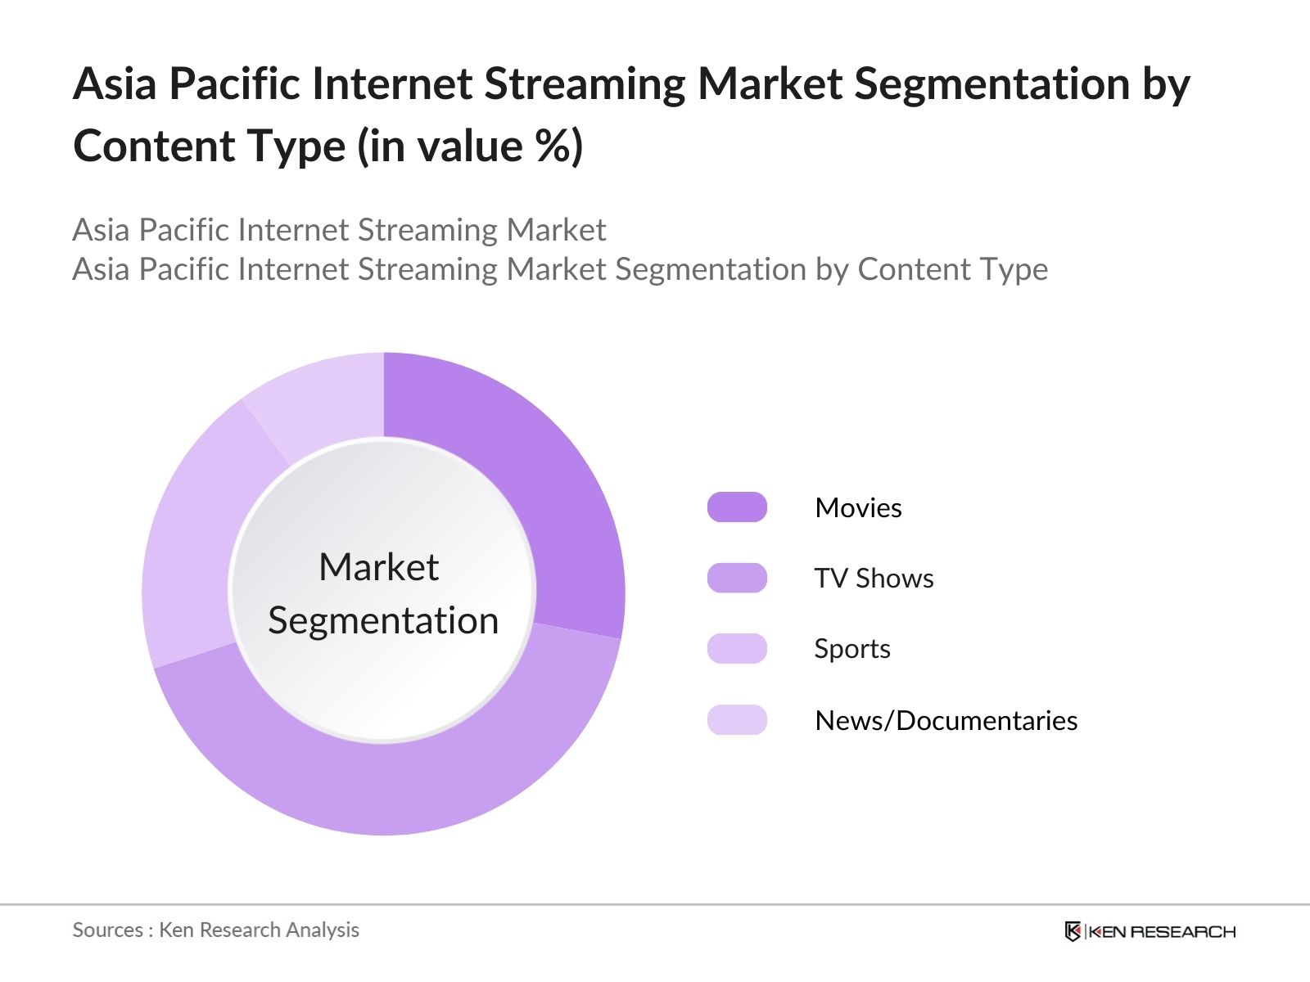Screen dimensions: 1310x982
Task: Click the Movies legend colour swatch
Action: coord(737,507)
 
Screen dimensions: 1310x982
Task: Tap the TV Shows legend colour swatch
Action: coord(737,578)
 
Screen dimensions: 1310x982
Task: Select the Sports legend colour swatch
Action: coord(737,649)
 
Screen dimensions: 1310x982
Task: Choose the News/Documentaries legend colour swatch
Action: coord(737,719)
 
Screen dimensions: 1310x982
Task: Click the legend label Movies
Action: coord(858,508)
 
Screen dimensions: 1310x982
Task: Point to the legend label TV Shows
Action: coord(874,579)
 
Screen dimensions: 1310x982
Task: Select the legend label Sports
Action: coord(852,649)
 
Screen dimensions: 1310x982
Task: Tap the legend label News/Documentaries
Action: coord(946,720)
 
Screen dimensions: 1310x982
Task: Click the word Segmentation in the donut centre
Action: coord(383,621)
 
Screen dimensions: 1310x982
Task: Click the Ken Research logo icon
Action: coord(1073,931)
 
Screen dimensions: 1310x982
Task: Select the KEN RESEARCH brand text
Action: coord(1162,932)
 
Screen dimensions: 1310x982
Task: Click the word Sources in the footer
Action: coord(108,930)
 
